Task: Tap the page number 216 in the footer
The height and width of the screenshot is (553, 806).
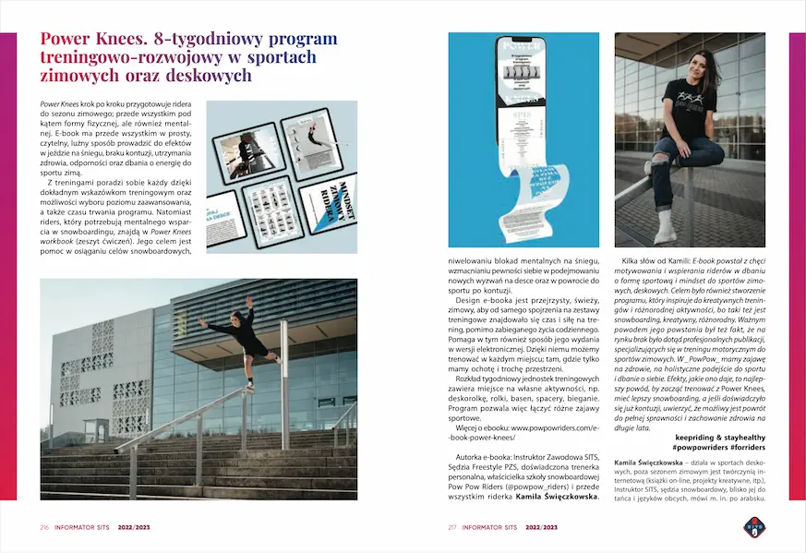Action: (x=44, y=527)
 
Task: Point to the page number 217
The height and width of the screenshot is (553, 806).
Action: (x=452, y=527)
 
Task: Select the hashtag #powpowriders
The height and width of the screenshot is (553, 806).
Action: (x=701, y=447)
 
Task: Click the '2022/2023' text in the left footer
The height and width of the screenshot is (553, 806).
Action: (x=135, y=527)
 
